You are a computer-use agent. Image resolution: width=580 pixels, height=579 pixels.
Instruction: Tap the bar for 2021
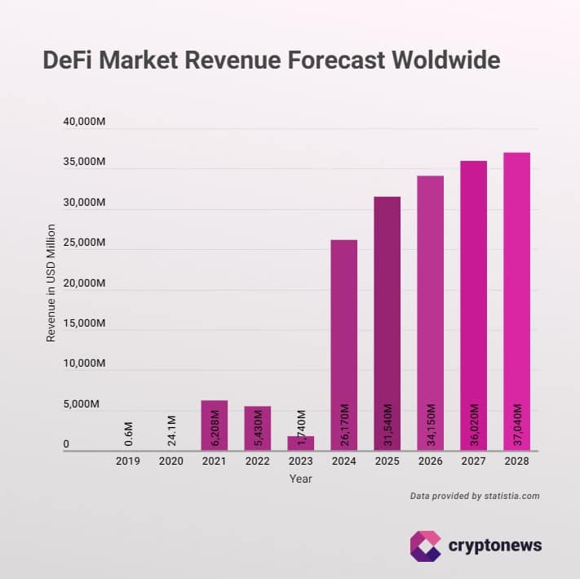214,425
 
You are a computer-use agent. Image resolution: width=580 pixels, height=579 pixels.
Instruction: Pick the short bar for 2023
300,442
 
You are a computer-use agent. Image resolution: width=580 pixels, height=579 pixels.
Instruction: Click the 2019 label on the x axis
127,461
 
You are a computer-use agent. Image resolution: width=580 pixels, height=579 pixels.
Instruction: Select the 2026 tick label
430,461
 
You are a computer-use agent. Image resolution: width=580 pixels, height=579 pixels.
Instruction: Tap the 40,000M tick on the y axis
84,122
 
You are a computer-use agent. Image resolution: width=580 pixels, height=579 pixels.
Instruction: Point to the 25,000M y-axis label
84,243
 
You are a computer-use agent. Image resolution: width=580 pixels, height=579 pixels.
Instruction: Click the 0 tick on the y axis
66,445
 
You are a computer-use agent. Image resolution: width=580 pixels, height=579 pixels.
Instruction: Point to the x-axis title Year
300,479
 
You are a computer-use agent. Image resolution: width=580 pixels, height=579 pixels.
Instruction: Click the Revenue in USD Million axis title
51,283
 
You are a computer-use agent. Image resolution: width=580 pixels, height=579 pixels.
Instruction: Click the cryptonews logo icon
425,545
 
